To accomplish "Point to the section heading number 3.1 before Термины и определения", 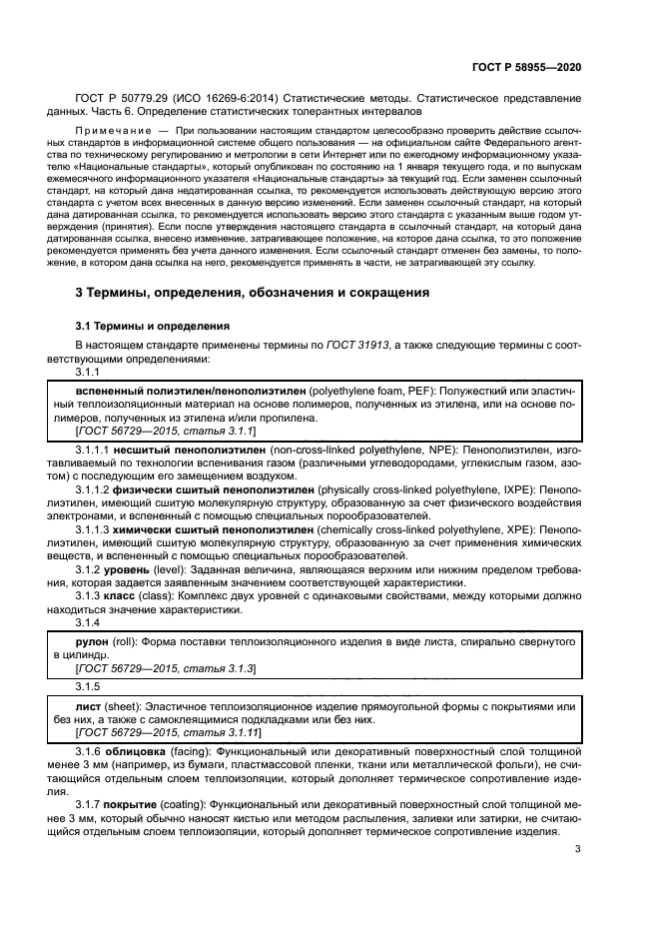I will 87,326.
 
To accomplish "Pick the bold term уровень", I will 129,570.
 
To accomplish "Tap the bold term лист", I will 91,705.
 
